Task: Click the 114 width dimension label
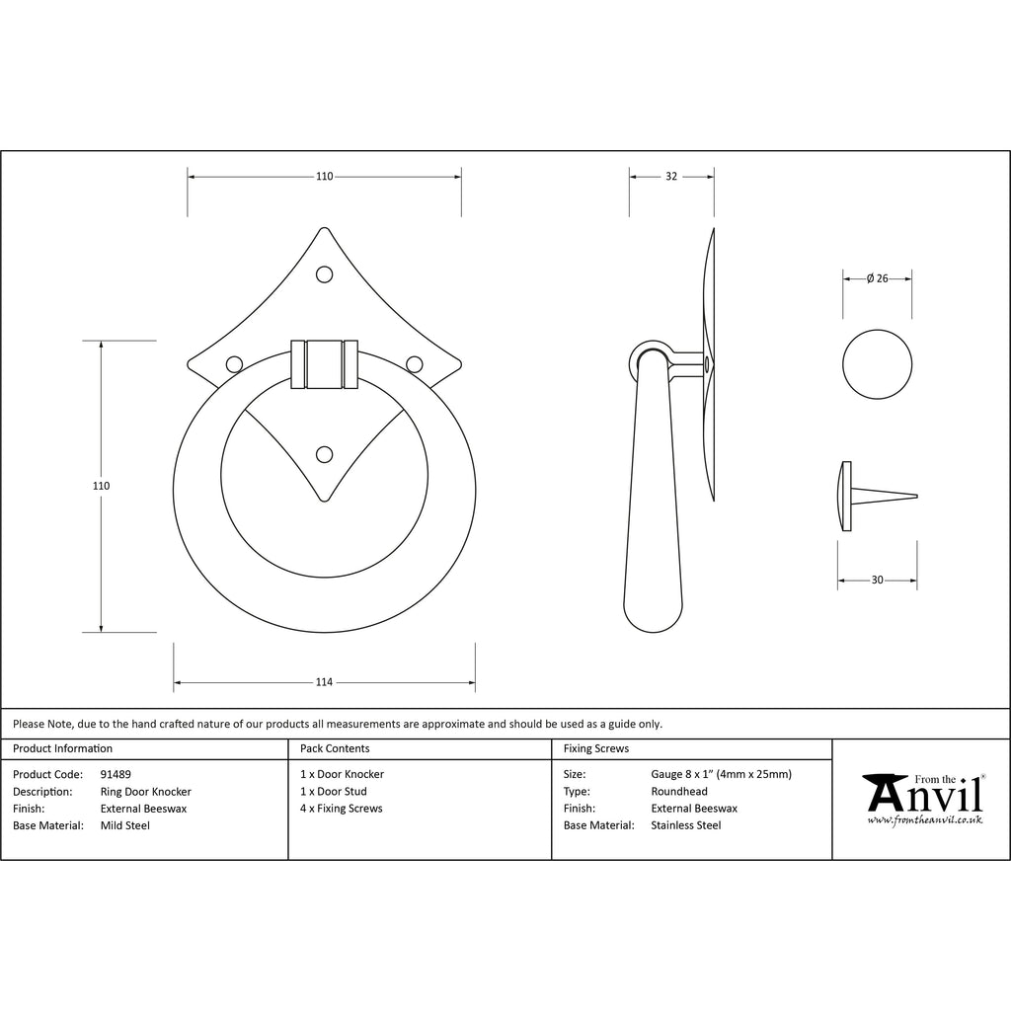(324, 682)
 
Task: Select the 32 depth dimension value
(671, 176)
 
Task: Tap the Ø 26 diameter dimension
(878, 278)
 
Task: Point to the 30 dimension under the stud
(877, 580)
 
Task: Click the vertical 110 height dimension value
(102, 486)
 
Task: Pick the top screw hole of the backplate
(324, 274)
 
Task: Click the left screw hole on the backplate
(234, 365)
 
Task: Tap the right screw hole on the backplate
(415, 365)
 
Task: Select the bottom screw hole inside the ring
(324, 455)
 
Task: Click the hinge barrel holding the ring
(324, 364)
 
